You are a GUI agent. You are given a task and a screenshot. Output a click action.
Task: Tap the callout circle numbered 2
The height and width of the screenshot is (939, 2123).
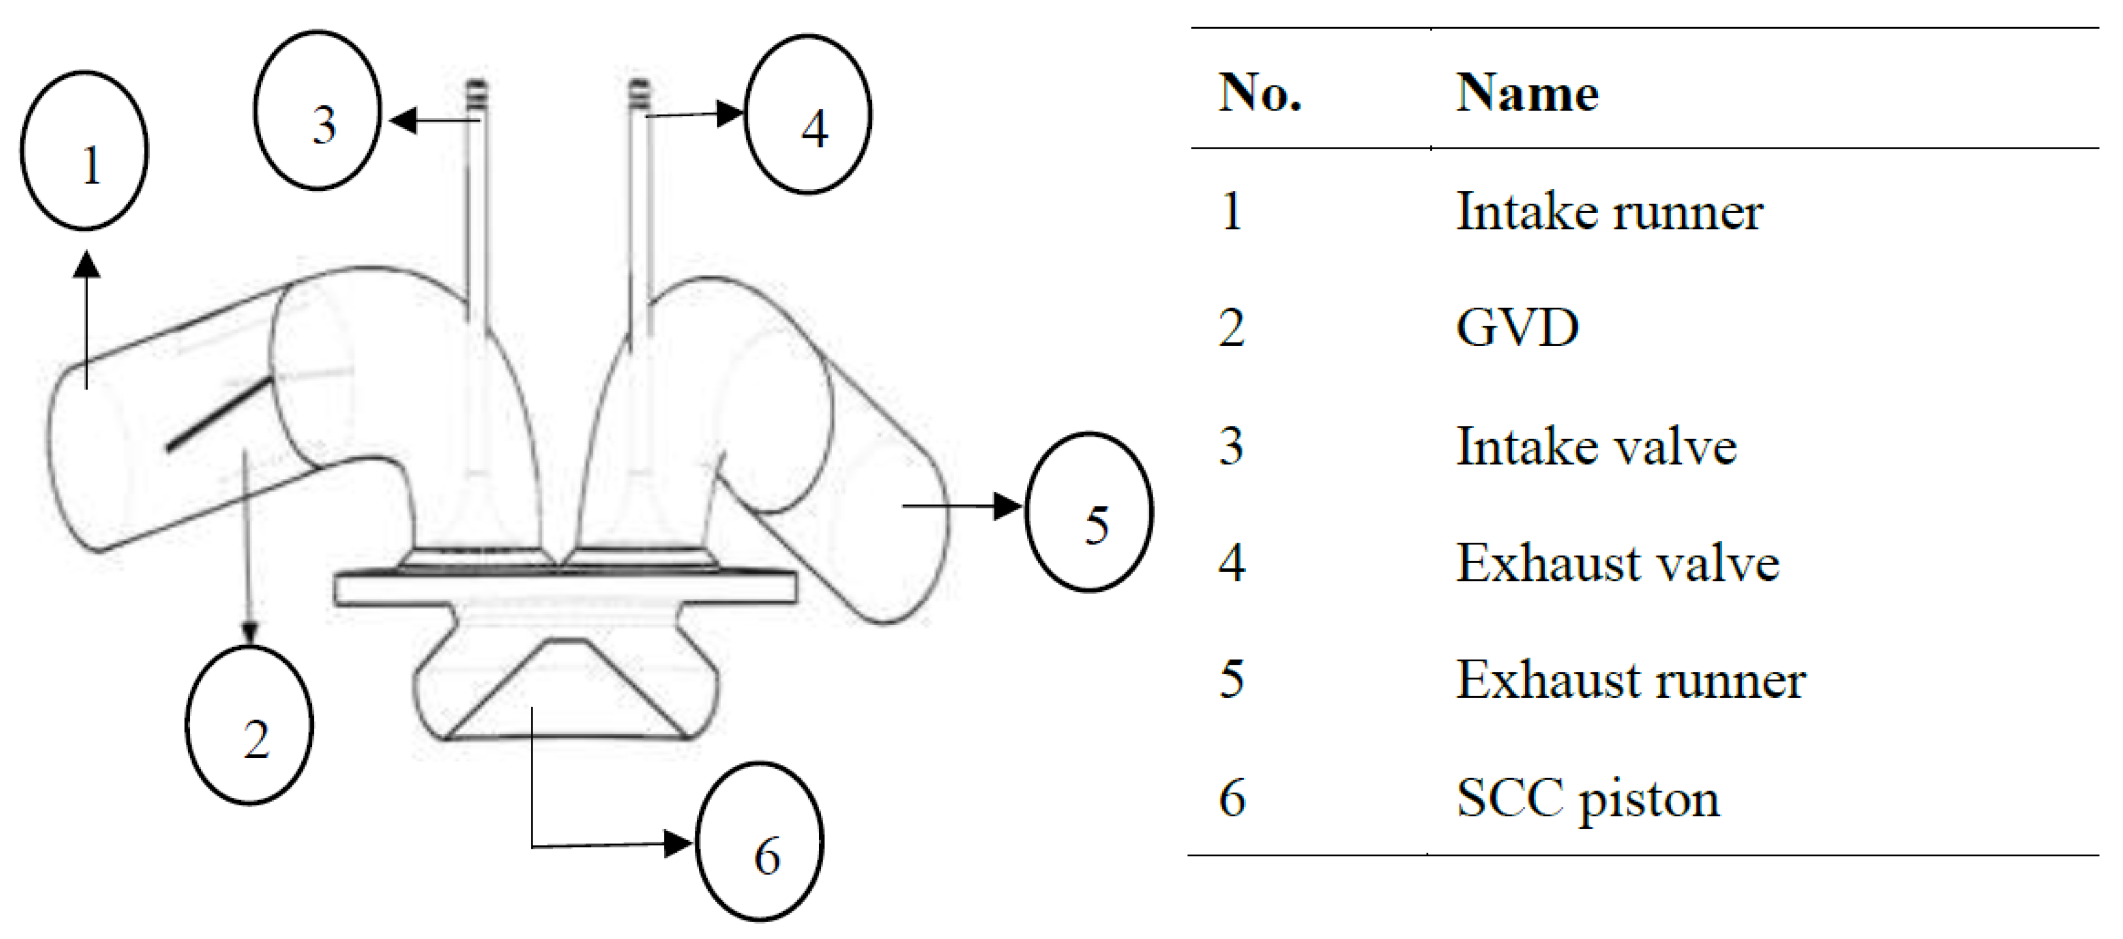249,725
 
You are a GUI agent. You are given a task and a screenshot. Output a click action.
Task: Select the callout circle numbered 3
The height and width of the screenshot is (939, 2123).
318,111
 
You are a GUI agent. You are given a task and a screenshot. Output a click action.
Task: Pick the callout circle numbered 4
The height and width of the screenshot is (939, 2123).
808,115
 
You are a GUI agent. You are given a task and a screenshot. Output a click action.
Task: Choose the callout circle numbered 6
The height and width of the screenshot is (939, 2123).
759,842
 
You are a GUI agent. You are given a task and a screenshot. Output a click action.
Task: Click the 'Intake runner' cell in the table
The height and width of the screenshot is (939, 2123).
1609,212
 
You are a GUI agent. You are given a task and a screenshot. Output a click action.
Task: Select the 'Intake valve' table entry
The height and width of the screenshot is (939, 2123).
1596,447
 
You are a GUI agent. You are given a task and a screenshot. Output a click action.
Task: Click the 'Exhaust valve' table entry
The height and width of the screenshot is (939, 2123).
1617,564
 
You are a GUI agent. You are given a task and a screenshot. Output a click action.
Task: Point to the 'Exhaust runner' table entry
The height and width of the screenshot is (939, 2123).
1630,680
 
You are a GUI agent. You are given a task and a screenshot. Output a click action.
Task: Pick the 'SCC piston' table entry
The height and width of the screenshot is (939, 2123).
1587,798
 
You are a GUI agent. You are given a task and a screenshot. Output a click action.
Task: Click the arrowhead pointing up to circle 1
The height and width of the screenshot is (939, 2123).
86,265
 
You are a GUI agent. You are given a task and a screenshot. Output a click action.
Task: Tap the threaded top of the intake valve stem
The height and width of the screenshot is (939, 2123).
476,95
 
